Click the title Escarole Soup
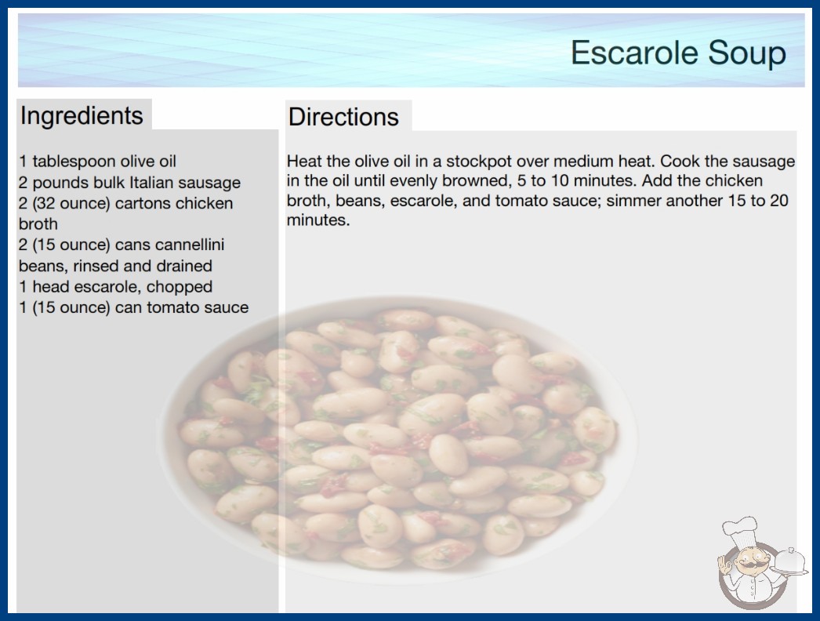tap(678, 53)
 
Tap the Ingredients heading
tap(82, 115)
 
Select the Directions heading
tap(343, 117)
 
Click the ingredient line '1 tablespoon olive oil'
tap(98, 162)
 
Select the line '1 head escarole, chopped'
tap(115, 287)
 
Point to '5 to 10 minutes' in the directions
tap(577, 180)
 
